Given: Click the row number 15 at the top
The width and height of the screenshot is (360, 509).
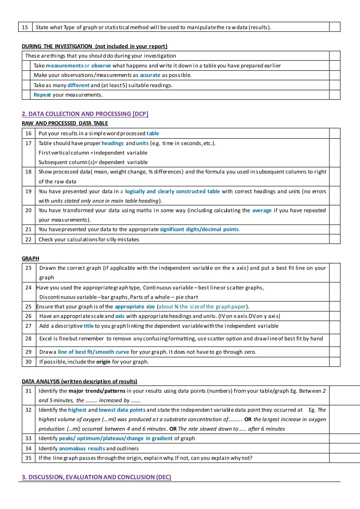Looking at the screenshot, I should coord(25,27).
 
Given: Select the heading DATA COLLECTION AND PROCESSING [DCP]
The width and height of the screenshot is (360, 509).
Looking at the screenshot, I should coord(85,114).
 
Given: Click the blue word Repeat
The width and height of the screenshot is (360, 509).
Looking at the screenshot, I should coord(42,95).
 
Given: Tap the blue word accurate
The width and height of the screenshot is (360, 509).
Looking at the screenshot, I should coord(150,75).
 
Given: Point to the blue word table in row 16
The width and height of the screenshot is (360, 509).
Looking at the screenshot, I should coord(153,133).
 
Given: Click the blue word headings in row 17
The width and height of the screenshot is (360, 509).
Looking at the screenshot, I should coord(112,143).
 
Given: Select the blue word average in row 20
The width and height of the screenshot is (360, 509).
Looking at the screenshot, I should coord(262,210).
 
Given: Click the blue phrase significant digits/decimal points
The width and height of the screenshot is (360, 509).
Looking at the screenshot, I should coord(199,229).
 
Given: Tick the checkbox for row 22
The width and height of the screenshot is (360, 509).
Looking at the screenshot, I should coord(335,239).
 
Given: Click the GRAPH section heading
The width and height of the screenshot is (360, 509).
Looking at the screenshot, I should coord(30,259).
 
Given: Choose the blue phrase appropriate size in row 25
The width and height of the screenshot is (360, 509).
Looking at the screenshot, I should coord(135,307).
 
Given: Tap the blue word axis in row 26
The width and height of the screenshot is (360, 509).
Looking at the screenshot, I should coord(120,316).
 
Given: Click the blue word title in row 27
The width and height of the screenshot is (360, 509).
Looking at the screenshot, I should coord(89,326).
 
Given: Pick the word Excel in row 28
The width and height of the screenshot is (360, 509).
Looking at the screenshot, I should coord(46,339).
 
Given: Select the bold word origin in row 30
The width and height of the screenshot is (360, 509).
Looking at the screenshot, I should coord(103,362).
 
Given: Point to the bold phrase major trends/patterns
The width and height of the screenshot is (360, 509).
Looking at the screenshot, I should coord(97,391).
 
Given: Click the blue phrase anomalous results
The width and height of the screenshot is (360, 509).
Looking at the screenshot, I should coord(82,449).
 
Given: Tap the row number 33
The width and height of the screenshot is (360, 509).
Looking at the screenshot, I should coord(28,438).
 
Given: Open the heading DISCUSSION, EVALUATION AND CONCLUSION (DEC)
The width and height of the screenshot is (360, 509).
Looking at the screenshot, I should coord(96,477).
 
